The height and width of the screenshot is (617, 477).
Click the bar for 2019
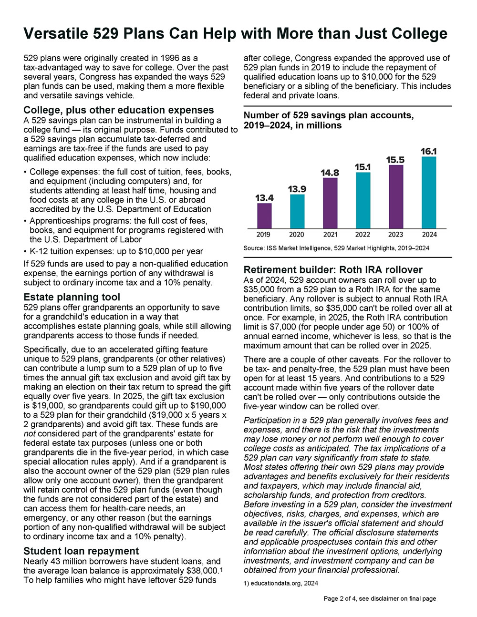coord(264,216)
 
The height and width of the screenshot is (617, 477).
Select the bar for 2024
coord(429,193)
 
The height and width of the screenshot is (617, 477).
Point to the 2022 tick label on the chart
coord(363,235)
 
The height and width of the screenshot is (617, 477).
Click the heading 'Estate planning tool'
coord(72,297)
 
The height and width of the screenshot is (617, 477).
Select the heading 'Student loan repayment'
coord(81,551)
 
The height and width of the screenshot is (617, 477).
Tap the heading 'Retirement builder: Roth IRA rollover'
coord(333,270)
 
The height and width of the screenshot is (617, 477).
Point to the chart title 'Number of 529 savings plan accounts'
coord(329,115)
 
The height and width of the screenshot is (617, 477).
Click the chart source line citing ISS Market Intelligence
coord(336,248)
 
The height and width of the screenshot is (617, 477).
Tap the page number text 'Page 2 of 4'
coord(339,598)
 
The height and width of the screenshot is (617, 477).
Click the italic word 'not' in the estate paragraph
coord(29,433)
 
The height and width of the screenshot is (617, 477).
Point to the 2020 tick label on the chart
coord(297,235)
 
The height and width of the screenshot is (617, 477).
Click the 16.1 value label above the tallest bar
coord(428,151)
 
